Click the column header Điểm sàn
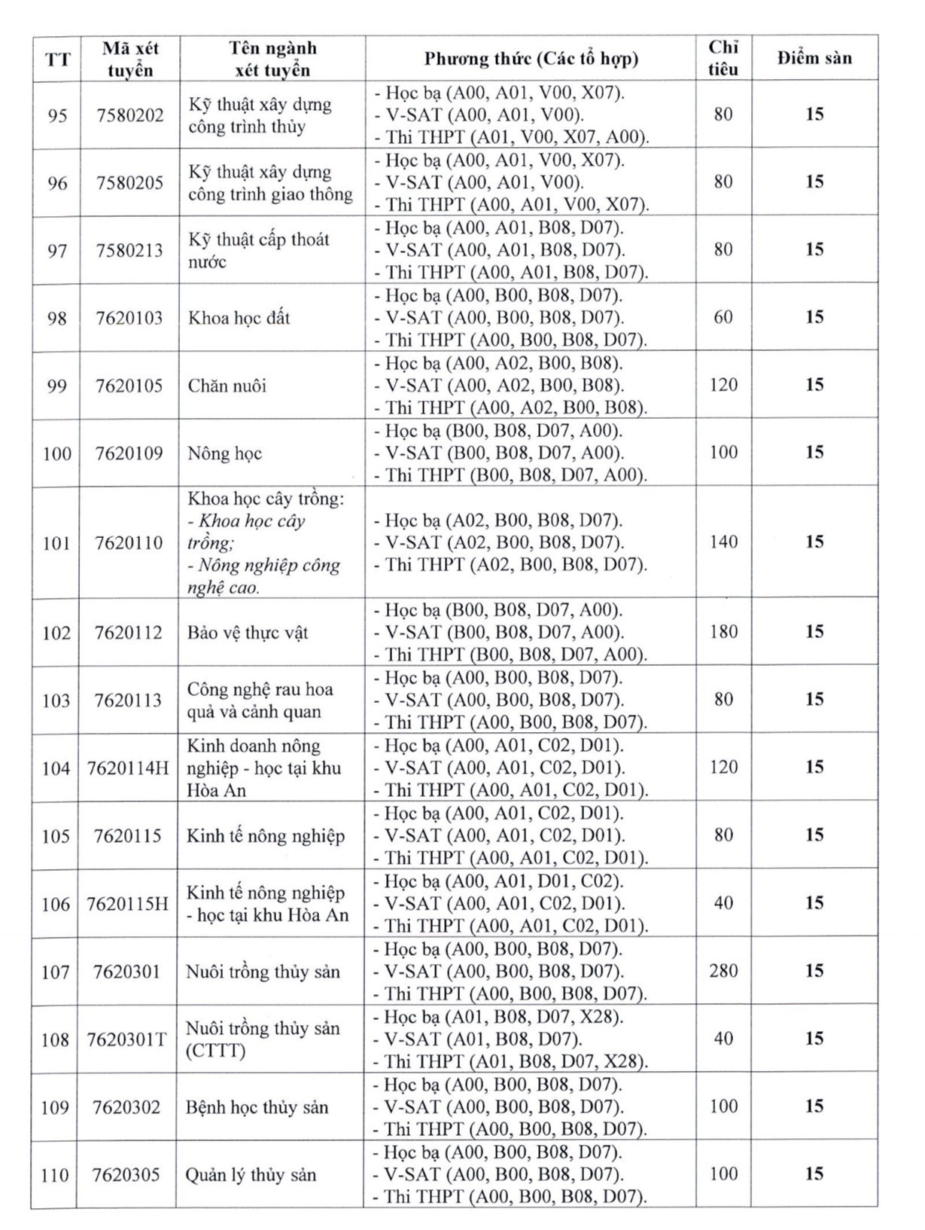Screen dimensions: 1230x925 point(814,58)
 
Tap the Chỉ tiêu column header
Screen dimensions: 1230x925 point(723,58)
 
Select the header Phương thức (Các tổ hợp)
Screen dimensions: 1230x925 point(531,58)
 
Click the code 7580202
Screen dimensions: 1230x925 point(130,115)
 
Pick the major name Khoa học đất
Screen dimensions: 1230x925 point(239,318)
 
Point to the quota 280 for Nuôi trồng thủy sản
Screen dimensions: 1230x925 point(723,970)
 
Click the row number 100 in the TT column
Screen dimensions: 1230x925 point(57,453)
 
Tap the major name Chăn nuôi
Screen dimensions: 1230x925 point(227,386)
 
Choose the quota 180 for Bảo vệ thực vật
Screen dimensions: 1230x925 point(723,631)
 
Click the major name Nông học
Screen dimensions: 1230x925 point(225,453)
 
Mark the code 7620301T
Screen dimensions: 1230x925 point(126,1039)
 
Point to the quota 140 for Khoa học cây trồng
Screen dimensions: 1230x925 point(723,542)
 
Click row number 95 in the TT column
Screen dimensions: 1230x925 point(57,115)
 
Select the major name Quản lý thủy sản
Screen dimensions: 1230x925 point(251,1174)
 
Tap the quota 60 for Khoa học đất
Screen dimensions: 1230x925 point(723,317)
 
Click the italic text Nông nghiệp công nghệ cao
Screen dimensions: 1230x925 point(263,576)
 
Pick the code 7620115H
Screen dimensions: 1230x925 point(127,904)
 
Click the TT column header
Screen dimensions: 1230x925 point(57,59)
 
